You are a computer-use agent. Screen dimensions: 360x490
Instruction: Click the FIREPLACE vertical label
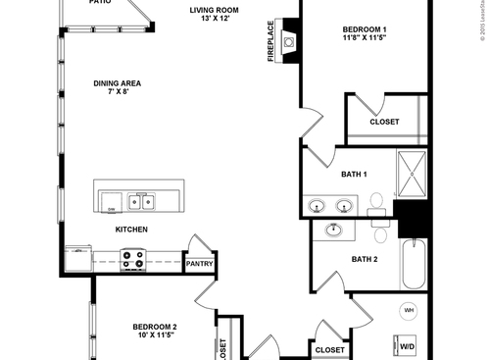click(271, 41)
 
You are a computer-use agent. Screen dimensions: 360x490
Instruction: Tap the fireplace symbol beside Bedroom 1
click(289, 41)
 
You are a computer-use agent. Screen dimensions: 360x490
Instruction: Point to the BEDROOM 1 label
click(364, 29)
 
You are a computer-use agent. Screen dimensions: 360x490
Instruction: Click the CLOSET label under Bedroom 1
click(384, 123)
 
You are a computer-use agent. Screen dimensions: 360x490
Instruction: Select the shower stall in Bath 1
click(413, 175)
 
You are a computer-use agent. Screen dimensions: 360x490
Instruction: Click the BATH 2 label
click(365, 259)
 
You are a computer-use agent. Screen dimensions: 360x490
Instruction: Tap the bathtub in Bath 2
click(415, 263)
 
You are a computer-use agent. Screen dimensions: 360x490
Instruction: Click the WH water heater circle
click(409, 311)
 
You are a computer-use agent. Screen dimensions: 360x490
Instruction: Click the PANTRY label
click(200, 264)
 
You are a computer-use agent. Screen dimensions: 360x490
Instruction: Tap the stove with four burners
click(132, 259)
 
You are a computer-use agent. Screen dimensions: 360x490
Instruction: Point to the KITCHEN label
click(131, 230)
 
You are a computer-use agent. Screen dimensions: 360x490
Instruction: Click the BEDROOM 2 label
click(155, 327)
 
